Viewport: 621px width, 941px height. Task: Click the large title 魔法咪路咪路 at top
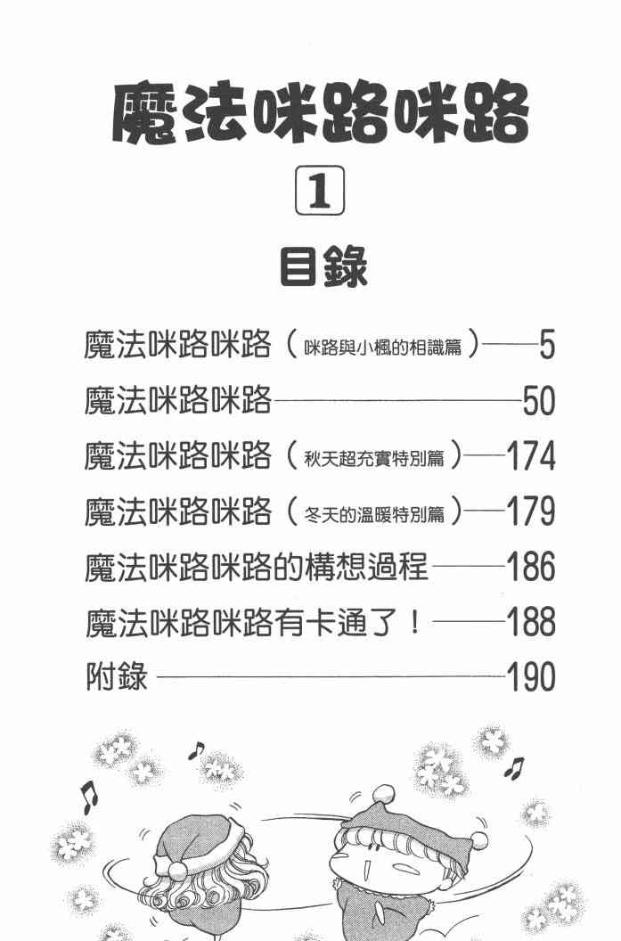tap(321, 116)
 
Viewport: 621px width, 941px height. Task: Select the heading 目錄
tap(323, 266)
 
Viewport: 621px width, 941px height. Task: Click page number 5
tap(547, 345)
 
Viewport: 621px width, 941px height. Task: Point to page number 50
tap(539, 403)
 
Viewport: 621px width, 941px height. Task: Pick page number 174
tap(530, 457)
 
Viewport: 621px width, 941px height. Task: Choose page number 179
tap(530, 512)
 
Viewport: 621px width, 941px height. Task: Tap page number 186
tap(530, 567)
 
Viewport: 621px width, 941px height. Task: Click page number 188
tap(530, 622)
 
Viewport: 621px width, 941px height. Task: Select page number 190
tap(530, 677)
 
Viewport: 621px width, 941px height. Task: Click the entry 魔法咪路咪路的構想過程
tap(257, 567)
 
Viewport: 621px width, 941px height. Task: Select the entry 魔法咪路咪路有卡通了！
tap(253, 622)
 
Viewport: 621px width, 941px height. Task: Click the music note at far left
tap(88, 796)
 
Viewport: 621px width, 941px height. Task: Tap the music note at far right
tap(513, 766)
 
